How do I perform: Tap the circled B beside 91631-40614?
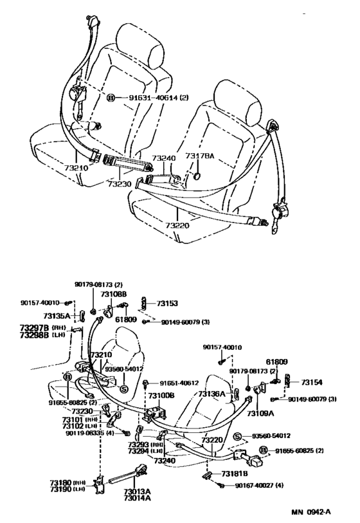click(x=111, y=98)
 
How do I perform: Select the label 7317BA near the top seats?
click(x=199, y=156)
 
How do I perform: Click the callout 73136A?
click(x=212, y=394)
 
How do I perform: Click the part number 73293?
click(x=139, y=444)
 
